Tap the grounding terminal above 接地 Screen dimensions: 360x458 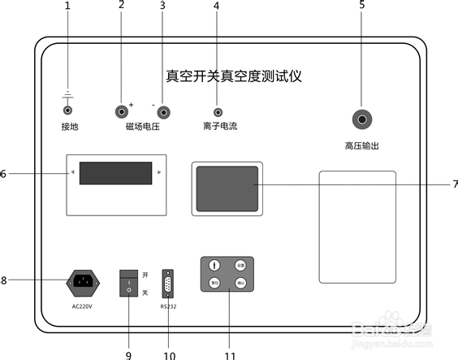pos(68,110)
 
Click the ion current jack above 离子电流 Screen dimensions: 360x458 pos(218,112)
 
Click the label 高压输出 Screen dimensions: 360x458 pos(362,146)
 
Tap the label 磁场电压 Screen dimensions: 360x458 pos(142,127)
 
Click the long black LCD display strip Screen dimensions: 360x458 pos(115,173)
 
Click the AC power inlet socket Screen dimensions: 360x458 pos(82,282)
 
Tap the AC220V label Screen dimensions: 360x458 pos(82,306)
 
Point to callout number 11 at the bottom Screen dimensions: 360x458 pos(230,355)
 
